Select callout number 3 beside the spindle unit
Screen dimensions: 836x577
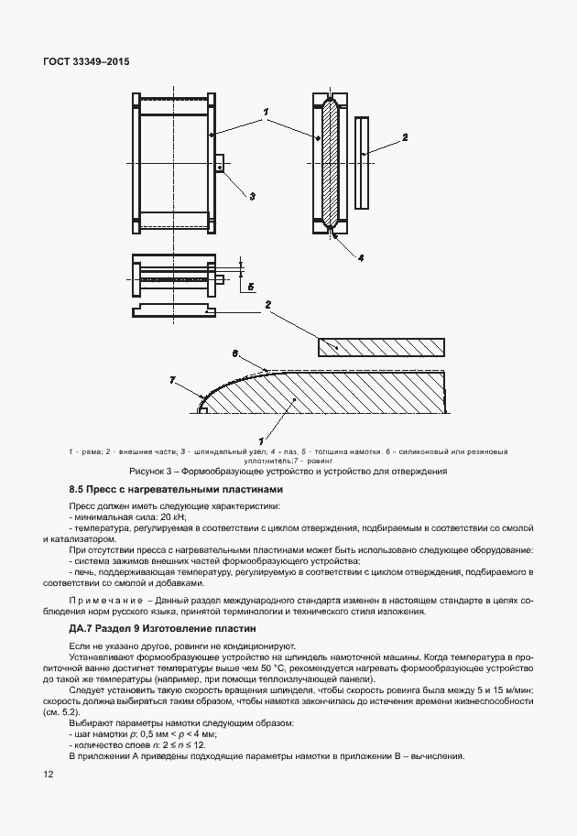251,196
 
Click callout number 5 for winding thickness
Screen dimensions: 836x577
249,286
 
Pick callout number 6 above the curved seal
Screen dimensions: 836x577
234,352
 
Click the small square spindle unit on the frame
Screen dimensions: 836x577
220,165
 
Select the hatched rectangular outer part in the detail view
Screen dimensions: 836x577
381,347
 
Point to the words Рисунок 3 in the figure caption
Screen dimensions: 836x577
152,472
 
